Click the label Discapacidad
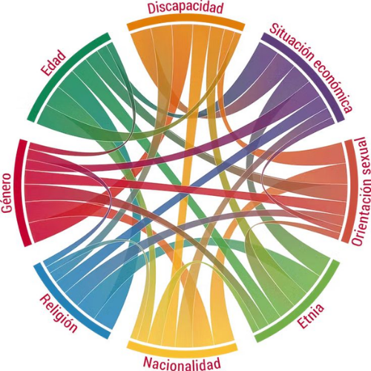185,7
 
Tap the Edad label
54,63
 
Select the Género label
7,193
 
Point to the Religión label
59,313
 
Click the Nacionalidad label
182,364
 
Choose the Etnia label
311,316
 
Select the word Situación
291,42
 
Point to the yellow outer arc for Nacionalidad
182,347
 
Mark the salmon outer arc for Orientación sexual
349,191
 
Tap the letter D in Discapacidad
151,8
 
